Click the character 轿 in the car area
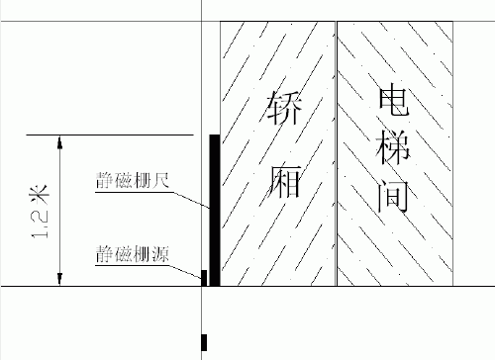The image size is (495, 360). pos(284,108)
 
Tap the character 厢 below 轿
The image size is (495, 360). pos(284,181)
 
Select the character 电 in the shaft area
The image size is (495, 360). pos(393,99)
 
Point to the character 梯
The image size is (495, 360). pos(393,148)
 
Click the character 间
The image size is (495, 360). pos(393,197)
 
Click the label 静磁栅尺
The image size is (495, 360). pos(133,180)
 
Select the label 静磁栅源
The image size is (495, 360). pos(133,254)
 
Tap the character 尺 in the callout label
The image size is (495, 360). pos(160,180)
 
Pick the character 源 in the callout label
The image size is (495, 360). pos(160,254)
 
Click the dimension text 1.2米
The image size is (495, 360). pos(41,212)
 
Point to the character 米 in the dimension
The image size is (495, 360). pos(41,195)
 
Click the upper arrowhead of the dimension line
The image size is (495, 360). pos(59,141)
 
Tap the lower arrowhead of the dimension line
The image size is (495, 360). pos(59,279)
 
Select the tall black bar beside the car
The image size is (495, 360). pos(215,210)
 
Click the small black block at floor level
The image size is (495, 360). pos(204,278)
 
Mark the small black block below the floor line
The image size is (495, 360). pos(204,343)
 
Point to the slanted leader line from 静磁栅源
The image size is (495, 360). pos(185,272)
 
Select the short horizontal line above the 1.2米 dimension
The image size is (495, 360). pos(110,135)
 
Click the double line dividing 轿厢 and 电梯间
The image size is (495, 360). pos(337,153)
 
